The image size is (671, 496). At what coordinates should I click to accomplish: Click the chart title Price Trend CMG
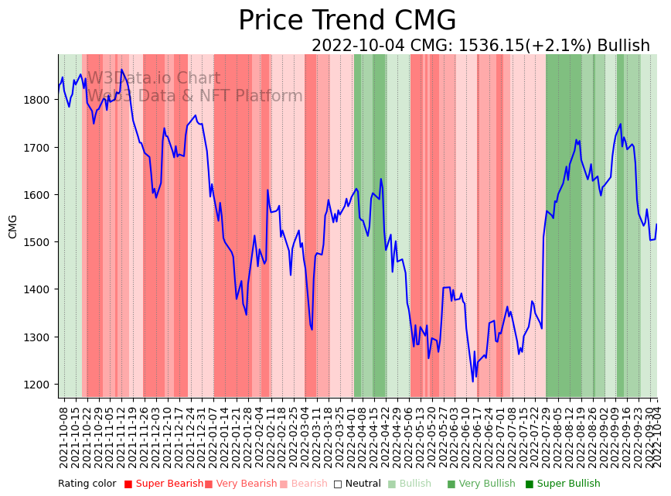tap(347, 21)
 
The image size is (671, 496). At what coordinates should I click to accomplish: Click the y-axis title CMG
tap(13, 226)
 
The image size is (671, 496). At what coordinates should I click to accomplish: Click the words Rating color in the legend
tap(87, 484)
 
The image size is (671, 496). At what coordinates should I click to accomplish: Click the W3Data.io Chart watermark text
tap(154, 78)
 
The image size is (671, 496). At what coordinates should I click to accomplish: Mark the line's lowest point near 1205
tap(473, 381)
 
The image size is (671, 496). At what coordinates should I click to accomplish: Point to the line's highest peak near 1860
tap(121, 70)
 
